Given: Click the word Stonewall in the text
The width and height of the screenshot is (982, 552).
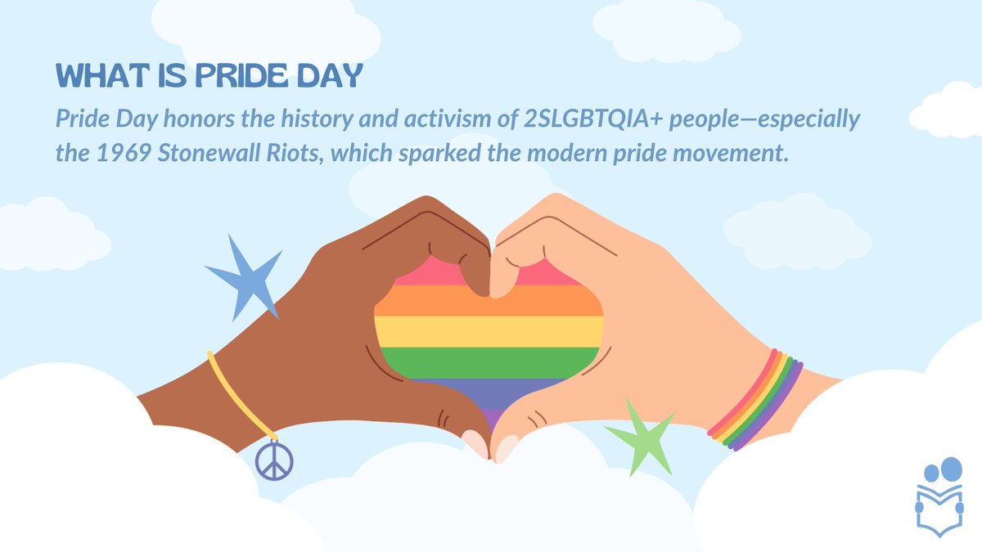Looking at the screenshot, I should pyautogui.click(x=192, y=153).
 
